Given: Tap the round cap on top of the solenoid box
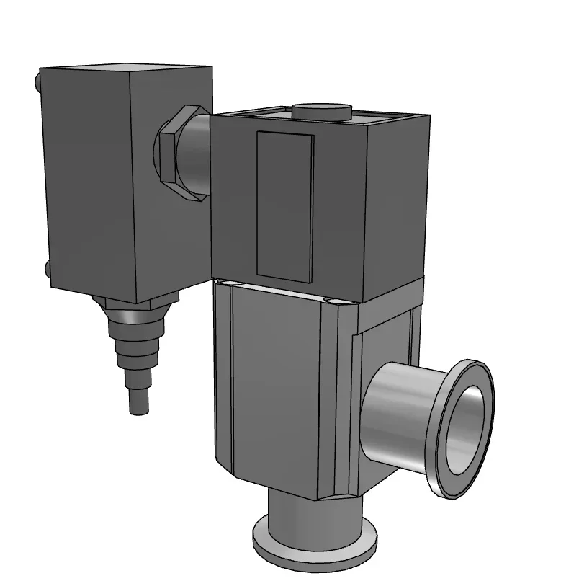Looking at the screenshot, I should click(321, 112).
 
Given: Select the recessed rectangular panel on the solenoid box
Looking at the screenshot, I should click(285, 206).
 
